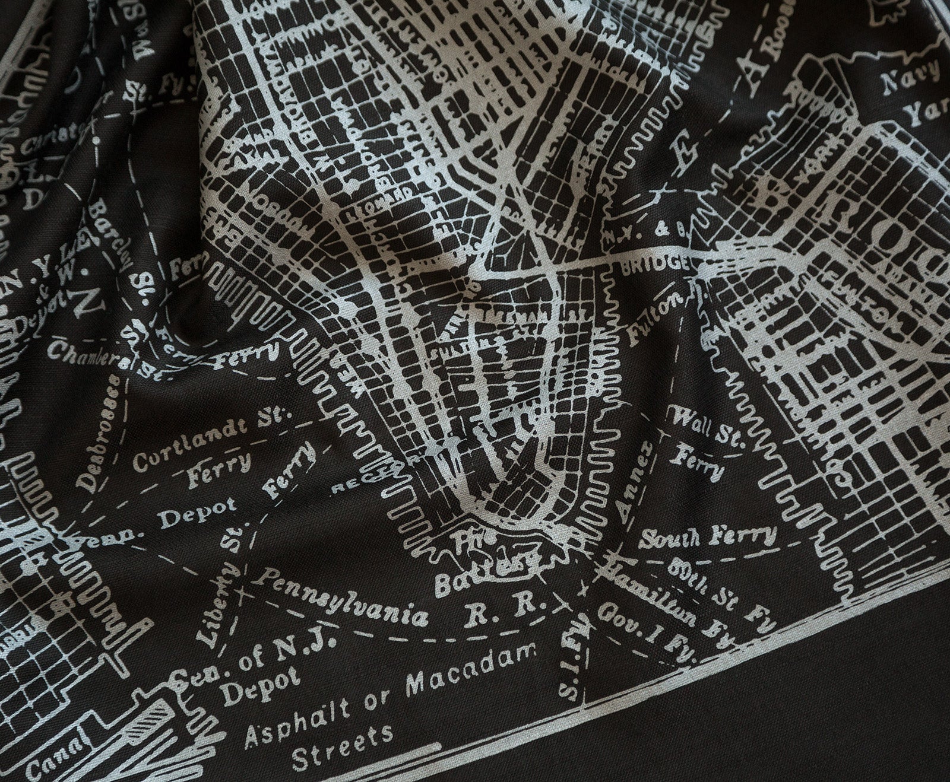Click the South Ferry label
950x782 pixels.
coord(710,536)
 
